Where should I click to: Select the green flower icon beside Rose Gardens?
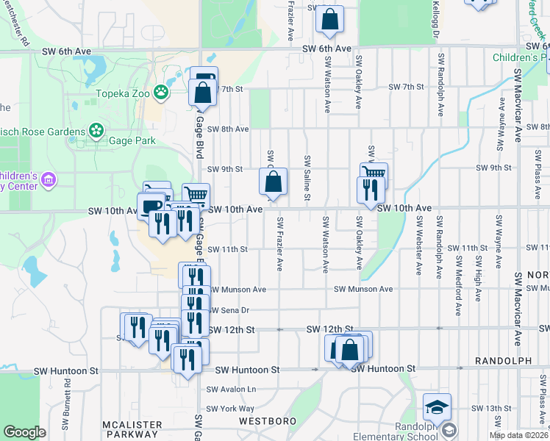[x=96, y=130]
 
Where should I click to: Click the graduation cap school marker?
[x=437, y=406]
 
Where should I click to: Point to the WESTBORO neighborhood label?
[x=267, y=421]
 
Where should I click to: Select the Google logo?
[x=24, y=432]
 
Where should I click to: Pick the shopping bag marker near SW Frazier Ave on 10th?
[x=272, y=182]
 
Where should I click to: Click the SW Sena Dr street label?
[x=229, y=310]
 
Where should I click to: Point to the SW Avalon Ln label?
[x=231, y=389]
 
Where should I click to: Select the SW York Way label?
[x=229, y=409]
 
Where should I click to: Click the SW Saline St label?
[x=307, y=178]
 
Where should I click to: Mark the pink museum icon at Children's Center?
[x=49, y=179]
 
